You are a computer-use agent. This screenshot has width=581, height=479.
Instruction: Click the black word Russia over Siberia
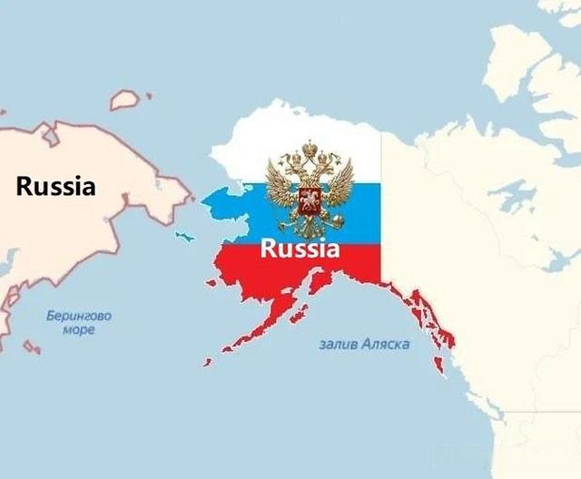point(55,187)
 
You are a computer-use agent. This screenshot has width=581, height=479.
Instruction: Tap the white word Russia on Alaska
point(300,248)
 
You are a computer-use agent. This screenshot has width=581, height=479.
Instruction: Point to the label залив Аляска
point(364,345)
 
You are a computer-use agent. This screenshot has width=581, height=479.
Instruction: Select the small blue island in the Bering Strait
point(185,237)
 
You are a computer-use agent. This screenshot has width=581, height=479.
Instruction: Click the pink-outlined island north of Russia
point(126,98)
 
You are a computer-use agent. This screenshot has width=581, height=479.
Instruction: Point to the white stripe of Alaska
point(272,145)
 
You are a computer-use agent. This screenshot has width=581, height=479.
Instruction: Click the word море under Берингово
point(79,330)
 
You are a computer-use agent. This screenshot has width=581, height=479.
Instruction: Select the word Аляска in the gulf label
point(386,345)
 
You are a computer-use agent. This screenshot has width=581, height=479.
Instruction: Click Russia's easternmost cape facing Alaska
point(190,192)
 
